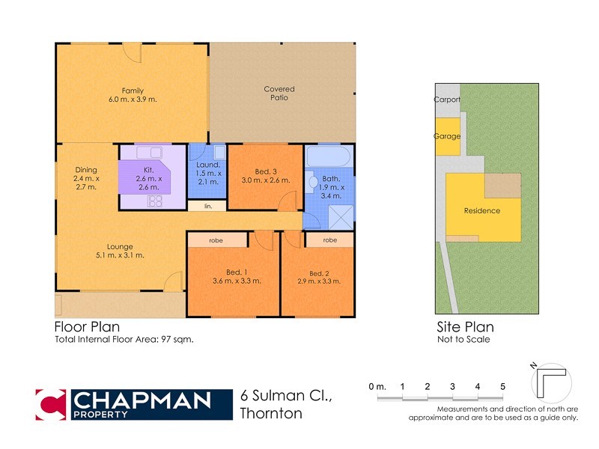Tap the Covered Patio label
[x=279, y=94]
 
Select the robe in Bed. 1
[x=217, y=240]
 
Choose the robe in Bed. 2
[x=329, y=240]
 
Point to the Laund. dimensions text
[x=208, y=177]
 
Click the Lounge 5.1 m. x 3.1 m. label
[x=119, y=251]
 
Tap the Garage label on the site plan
[x=447, y=136]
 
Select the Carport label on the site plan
[x=447, y=100]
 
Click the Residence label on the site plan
[x=481, y=210]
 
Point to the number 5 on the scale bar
[x=503, y=386]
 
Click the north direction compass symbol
[x=548, y=382]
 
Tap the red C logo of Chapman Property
[x=52, y=405]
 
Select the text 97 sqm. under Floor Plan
[x=180, y=339]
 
